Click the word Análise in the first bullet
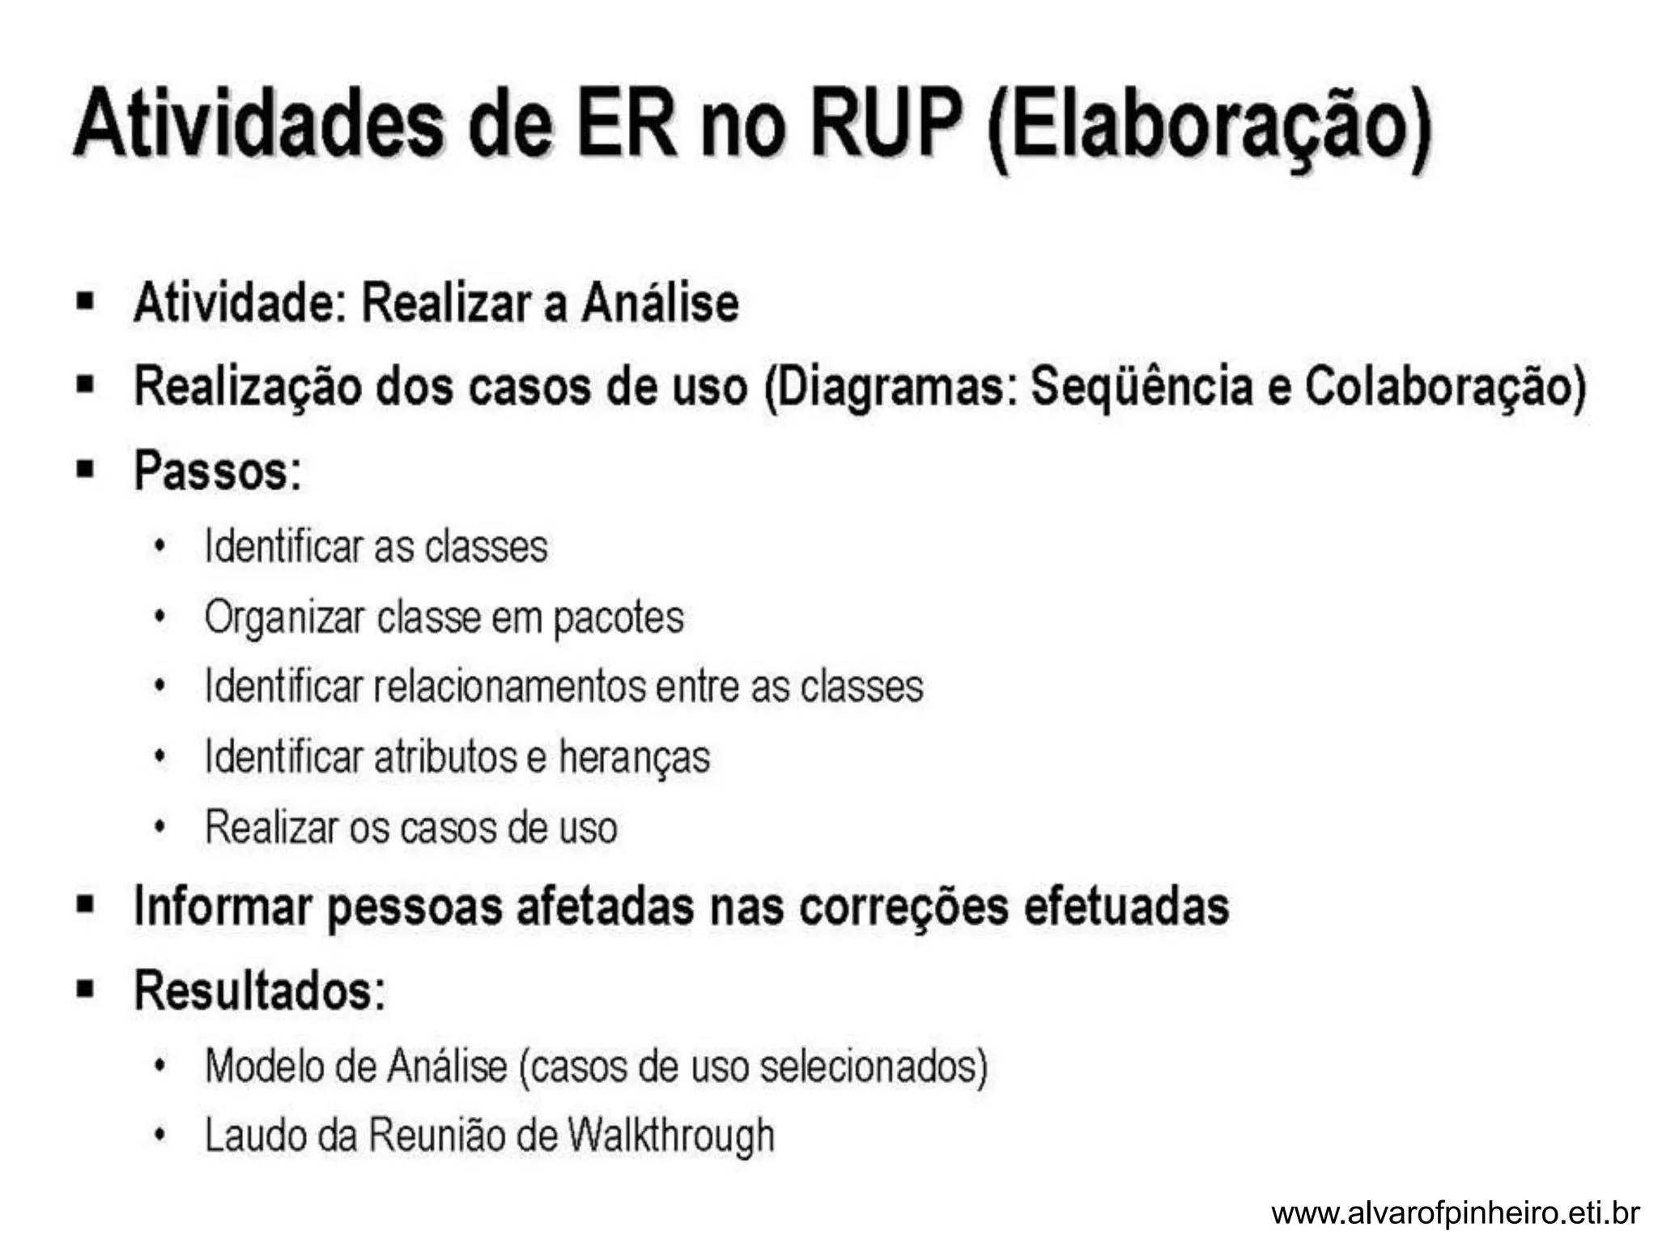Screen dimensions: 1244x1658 point(661,303)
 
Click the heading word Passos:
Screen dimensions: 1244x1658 point(218,471)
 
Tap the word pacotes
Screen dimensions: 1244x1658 point(619,618)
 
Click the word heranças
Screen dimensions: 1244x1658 point(634,758)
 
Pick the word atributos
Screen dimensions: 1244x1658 point(445,757)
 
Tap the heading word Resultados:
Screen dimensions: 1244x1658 point(260,990)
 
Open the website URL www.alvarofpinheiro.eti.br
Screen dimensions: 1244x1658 point(1455,1213)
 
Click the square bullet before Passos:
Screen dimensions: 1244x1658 point(85,470)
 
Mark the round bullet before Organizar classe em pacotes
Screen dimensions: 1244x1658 point(160,618)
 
